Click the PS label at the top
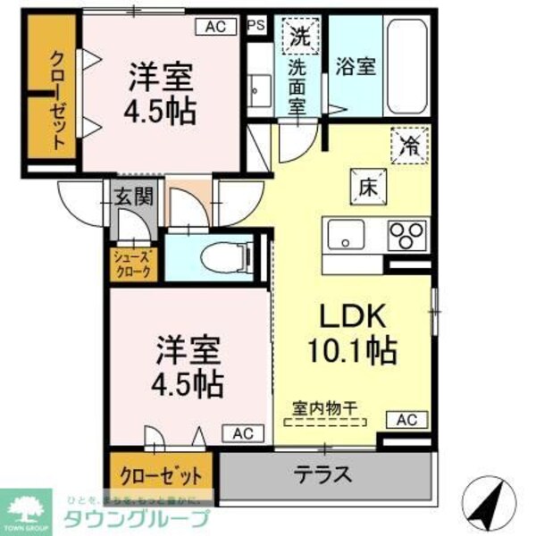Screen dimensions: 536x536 pos(256,26)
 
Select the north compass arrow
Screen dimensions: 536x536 pos(489,505)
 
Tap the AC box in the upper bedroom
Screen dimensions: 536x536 pos(214,27)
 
